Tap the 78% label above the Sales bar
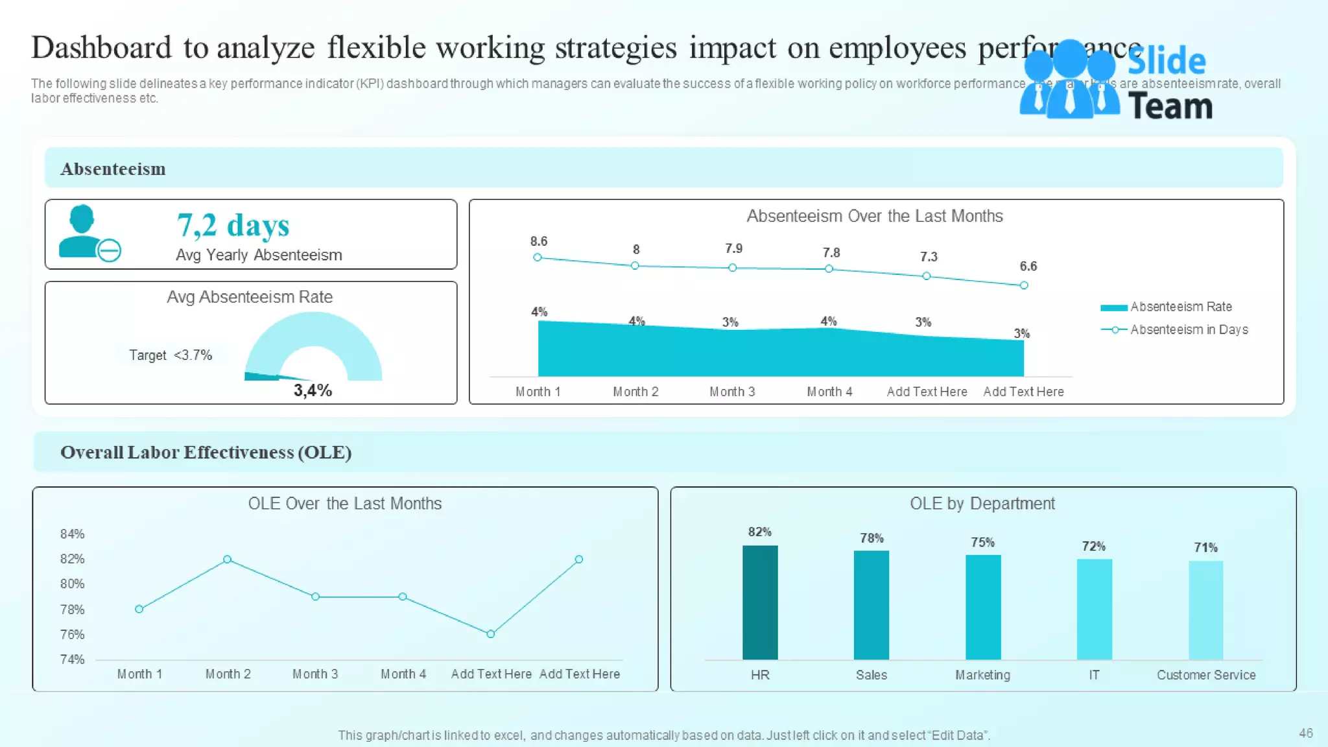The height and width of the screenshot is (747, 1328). pyautogui.click(x=871, y=538)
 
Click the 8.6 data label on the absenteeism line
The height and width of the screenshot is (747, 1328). pyautogui.click(x=538, y=241)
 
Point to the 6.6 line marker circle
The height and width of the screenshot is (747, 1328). pyautogui.click(x=1024, y=285)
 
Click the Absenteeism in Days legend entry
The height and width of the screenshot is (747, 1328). pyautogui.click(x=1188, y=329)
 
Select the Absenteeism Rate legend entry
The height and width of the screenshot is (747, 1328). pyautogui.click(x=1180, y=307)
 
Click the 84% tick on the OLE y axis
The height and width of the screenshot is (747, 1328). pyautogui.click(x=72, y=534)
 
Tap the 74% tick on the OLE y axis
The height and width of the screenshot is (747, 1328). pyautogui.click(x=72, y=659)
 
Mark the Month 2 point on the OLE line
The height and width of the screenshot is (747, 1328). pyautogui.click(x=227, y=559)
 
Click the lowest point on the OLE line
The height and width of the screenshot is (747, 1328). pyautogui.click(x=490, y=634)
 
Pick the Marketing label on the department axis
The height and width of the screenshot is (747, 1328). pyautogui.click(x=982, y=675)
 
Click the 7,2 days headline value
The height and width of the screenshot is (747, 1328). pyautogui.click(x=233, y=226)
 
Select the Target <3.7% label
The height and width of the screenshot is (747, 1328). pyautogui.click(x=170, y=355)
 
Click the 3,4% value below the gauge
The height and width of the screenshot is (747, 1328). pyautogui.click(x=313, y=390)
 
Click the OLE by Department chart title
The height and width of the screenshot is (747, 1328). pyautogui.click(x=982, y=504)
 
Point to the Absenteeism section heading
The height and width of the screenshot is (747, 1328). pyautogui.click(x=113, y=169)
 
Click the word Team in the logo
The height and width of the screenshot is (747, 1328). pyautogui.click(x=1170, y=106)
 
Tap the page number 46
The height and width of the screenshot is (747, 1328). pyautogui.click(x=1305, y=733)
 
